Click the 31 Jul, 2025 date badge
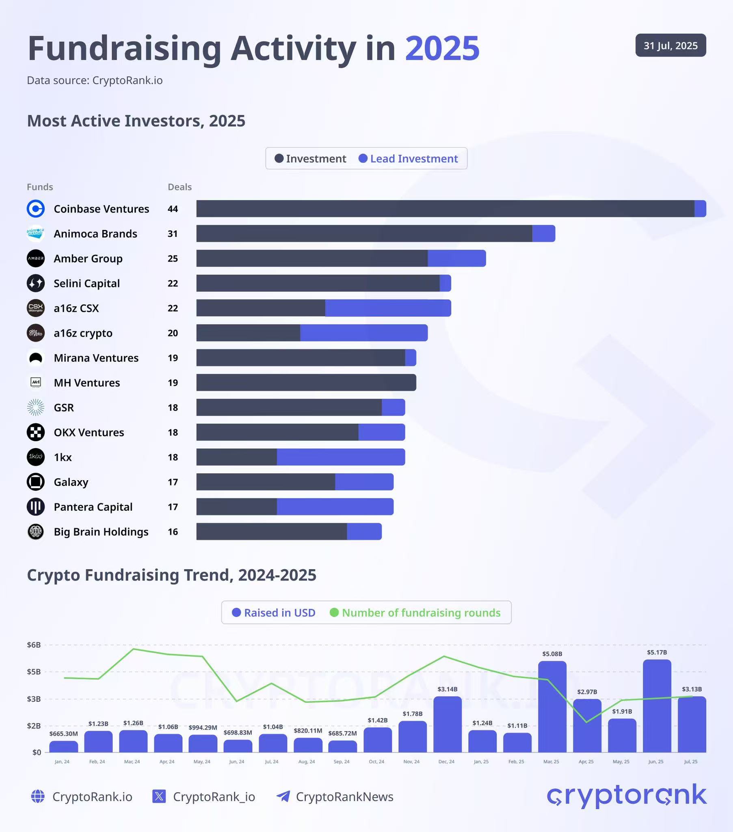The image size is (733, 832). pos(670,45)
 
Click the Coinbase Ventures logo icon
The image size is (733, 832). pos(36,209)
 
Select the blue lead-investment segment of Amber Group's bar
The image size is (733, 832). pos(456,258)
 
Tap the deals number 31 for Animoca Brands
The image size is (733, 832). pos(173,234)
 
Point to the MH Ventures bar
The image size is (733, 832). pos(306,383)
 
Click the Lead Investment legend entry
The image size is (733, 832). pos(408,158)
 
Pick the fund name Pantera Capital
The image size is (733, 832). pos(93,507)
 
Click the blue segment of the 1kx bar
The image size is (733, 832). pos(341,457)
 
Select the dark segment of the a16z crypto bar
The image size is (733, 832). pos(248,333)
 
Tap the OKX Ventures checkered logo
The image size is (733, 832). pos(36,432)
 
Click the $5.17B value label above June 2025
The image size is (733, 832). pos(657,652)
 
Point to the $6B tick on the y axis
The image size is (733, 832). pos(34,645)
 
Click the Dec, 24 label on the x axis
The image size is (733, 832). pos(446,762)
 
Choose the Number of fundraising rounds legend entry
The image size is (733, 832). pos(415,613)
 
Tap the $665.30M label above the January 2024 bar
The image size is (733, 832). pos(63,734)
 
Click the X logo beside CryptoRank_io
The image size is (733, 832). pos(159,796)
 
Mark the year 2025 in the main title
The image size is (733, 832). pos(442,48)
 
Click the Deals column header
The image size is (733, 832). pos(179,187)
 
